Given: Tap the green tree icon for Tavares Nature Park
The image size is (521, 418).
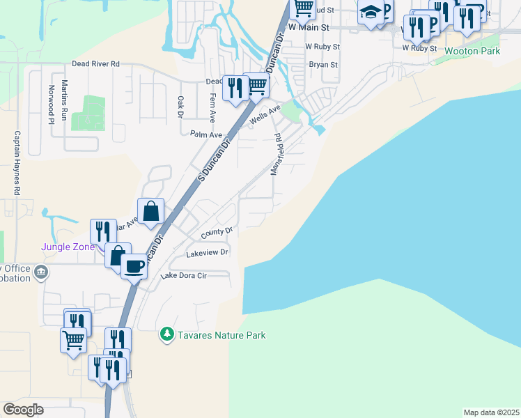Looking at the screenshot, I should tap(167, 335).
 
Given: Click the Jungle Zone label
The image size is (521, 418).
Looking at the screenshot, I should tap(68, 247).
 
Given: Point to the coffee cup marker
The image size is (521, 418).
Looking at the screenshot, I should tap(134, 265).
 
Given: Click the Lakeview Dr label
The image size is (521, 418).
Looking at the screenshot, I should tap(207, 253).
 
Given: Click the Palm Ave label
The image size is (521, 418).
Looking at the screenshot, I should tap(206, 134).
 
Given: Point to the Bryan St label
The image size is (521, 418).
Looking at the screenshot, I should tap(323, 65).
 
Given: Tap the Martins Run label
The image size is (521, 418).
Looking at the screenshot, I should tap(64, 100).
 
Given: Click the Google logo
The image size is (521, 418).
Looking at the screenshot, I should tap(23, 410).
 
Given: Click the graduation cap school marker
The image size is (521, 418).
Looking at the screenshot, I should tap(371, 13).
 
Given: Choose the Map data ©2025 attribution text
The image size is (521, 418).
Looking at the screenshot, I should tap(491, 412).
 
